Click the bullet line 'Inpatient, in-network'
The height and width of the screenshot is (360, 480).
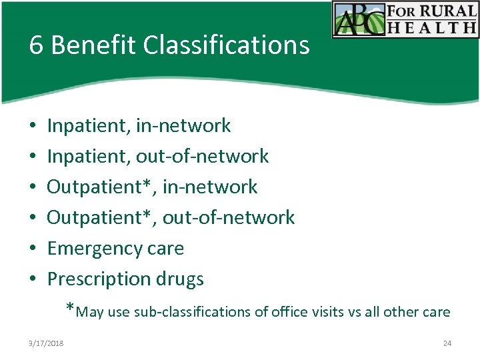pyautogui.click(x=139, y=125)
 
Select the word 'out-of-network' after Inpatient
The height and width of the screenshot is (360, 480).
pyautogui.click(x=202, y=156)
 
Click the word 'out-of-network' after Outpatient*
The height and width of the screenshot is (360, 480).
pyautogui.click(x=228, y=217)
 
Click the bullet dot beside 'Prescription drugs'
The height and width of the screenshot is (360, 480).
pyautogui.click(x=32, y=279)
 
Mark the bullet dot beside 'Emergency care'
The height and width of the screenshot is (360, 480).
pyautogui.click(x=32, y=249)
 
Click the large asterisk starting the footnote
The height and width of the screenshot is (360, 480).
pyautogui.click(x=71, y=308)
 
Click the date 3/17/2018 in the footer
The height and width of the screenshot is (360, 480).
pyautogui.click(x=46, y=343)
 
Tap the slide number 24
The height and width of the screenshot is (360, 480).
pyautogui.click(x=447, y=343)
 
